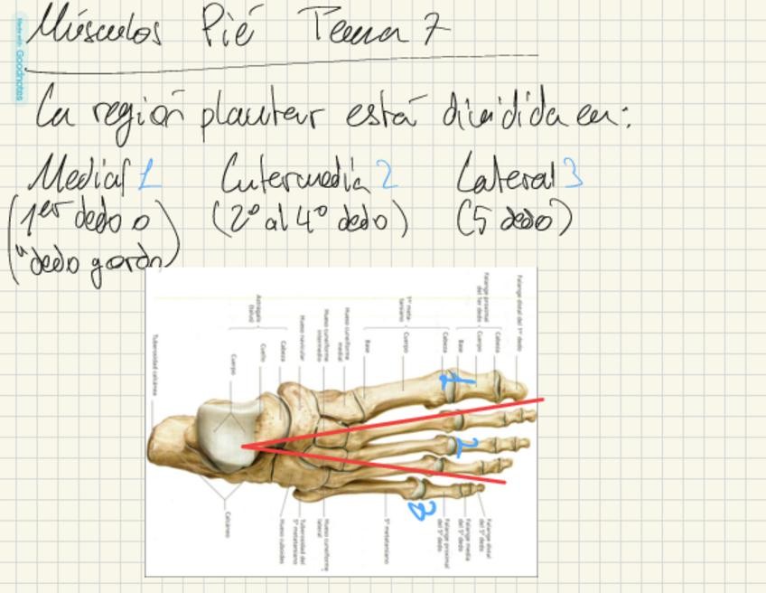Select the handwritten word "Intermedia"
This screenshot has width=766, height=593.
[x=295, y=174]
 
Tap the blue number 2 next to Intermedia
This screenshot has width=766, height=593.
[x=388, y=174]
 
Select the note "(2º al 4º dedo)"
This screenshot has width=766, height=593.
[x=311, y=219]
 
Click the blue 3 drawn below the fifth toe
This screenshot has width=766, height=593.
[x=422, y=511]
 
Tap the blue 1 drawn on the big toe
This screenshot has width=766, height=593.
[x=456, y=381]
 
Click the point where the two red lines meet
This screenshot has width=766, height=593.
[x=242, y=447]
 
